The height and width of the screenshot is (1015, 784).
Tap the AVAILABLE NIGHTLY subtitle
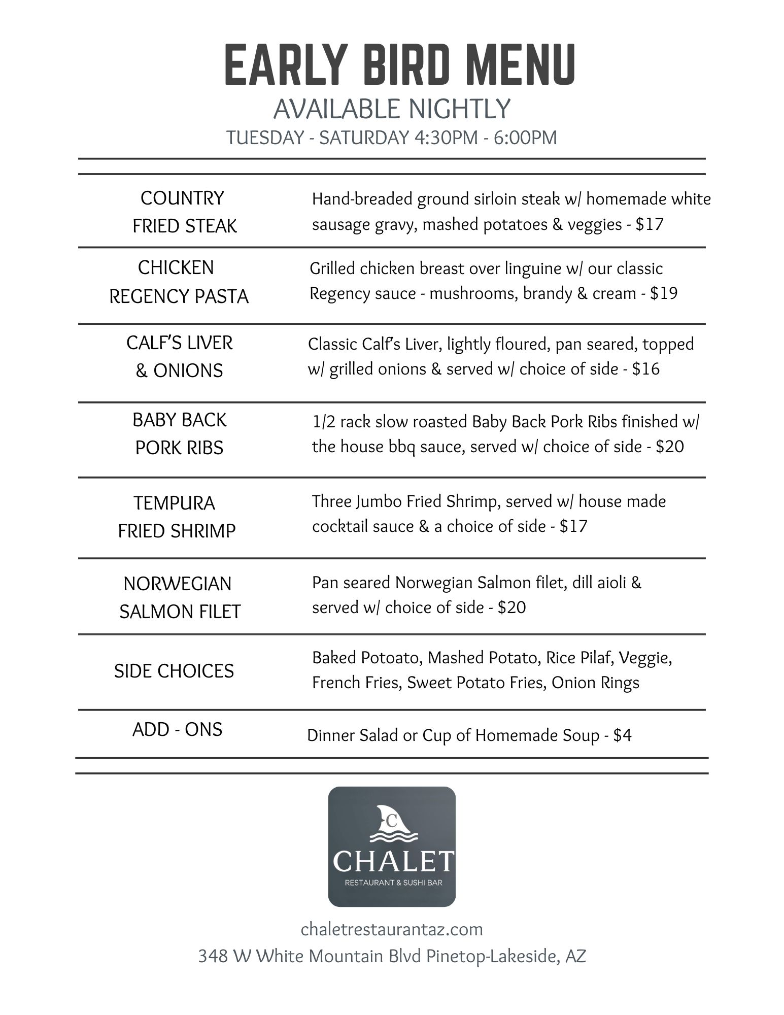tap(392, 109)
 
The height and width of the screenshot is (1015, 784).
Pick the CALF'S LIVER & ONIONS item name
tap(179, 357)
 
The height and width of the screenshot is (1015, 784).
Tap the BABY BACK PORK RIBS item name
tap(179, 434)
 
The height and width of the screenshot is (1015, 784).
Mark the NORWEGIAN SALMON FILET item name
tap(179, 597)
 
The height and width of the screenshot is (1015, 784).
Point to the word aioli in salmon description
tap(607, 583)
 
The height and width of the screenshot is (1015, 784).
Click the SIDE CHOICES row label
tap(174, 671)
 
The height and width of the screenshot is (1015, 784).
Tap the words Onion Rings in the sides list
tap(595, 683)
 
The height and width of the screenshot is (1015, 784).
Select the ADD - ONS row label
tap(177, 730)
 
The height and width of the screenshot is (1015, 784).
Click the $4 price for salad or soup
tap(622, 735)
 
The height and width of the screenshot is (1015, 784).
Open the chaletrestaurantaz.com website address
tap(392, 929)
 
